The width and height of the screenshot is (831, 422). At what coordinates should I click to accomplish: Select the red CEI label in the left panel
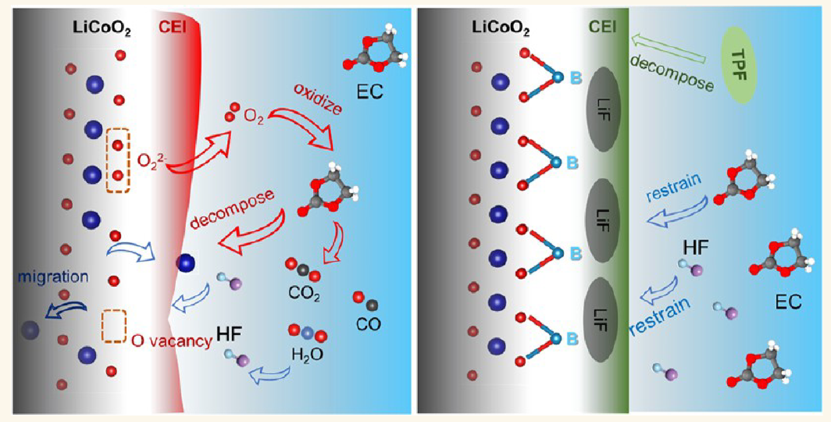[x=172, y=27]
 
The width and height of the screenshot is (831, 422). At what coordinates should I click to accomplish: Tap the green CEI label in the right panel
[x=603, y=27]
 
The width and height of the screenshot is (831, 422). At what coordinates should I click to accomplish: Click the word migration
[x=53, y=277]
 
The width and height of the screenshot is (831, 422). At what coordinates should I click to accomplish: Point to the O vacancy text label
[x=172, y=341]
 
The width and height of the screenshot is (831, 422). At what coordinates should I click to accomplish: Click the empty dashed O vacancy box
[x=114, y=326]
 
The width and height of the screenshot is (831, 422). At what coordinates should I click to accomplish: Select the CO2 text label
[x=304, y=294]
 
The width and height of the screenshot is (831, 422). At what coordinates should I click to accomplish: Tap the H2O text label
[x=307, y=355]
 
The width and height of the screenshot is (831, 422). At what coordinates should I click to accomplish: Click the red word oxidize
[x=318, y=98]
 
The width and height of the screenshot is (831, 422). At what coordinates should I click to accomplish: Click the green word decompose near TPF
[x=672, y=73]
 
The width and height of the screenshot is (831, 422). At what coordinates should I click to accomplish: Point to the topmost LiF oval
[x=603, y=109]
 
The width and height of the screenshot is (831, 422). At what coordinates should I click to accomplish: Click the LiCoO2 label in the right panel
[x=501, y=28]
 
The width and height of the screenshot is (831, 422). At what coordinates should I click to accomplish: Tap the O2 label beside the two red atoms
[x=254, y=117]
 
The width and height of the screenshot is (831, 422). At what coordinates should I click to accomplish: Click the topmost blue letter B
[x=576, y=78]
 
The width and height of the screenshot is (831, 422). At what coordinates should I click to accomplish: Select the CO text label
[x=368, y=324]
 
